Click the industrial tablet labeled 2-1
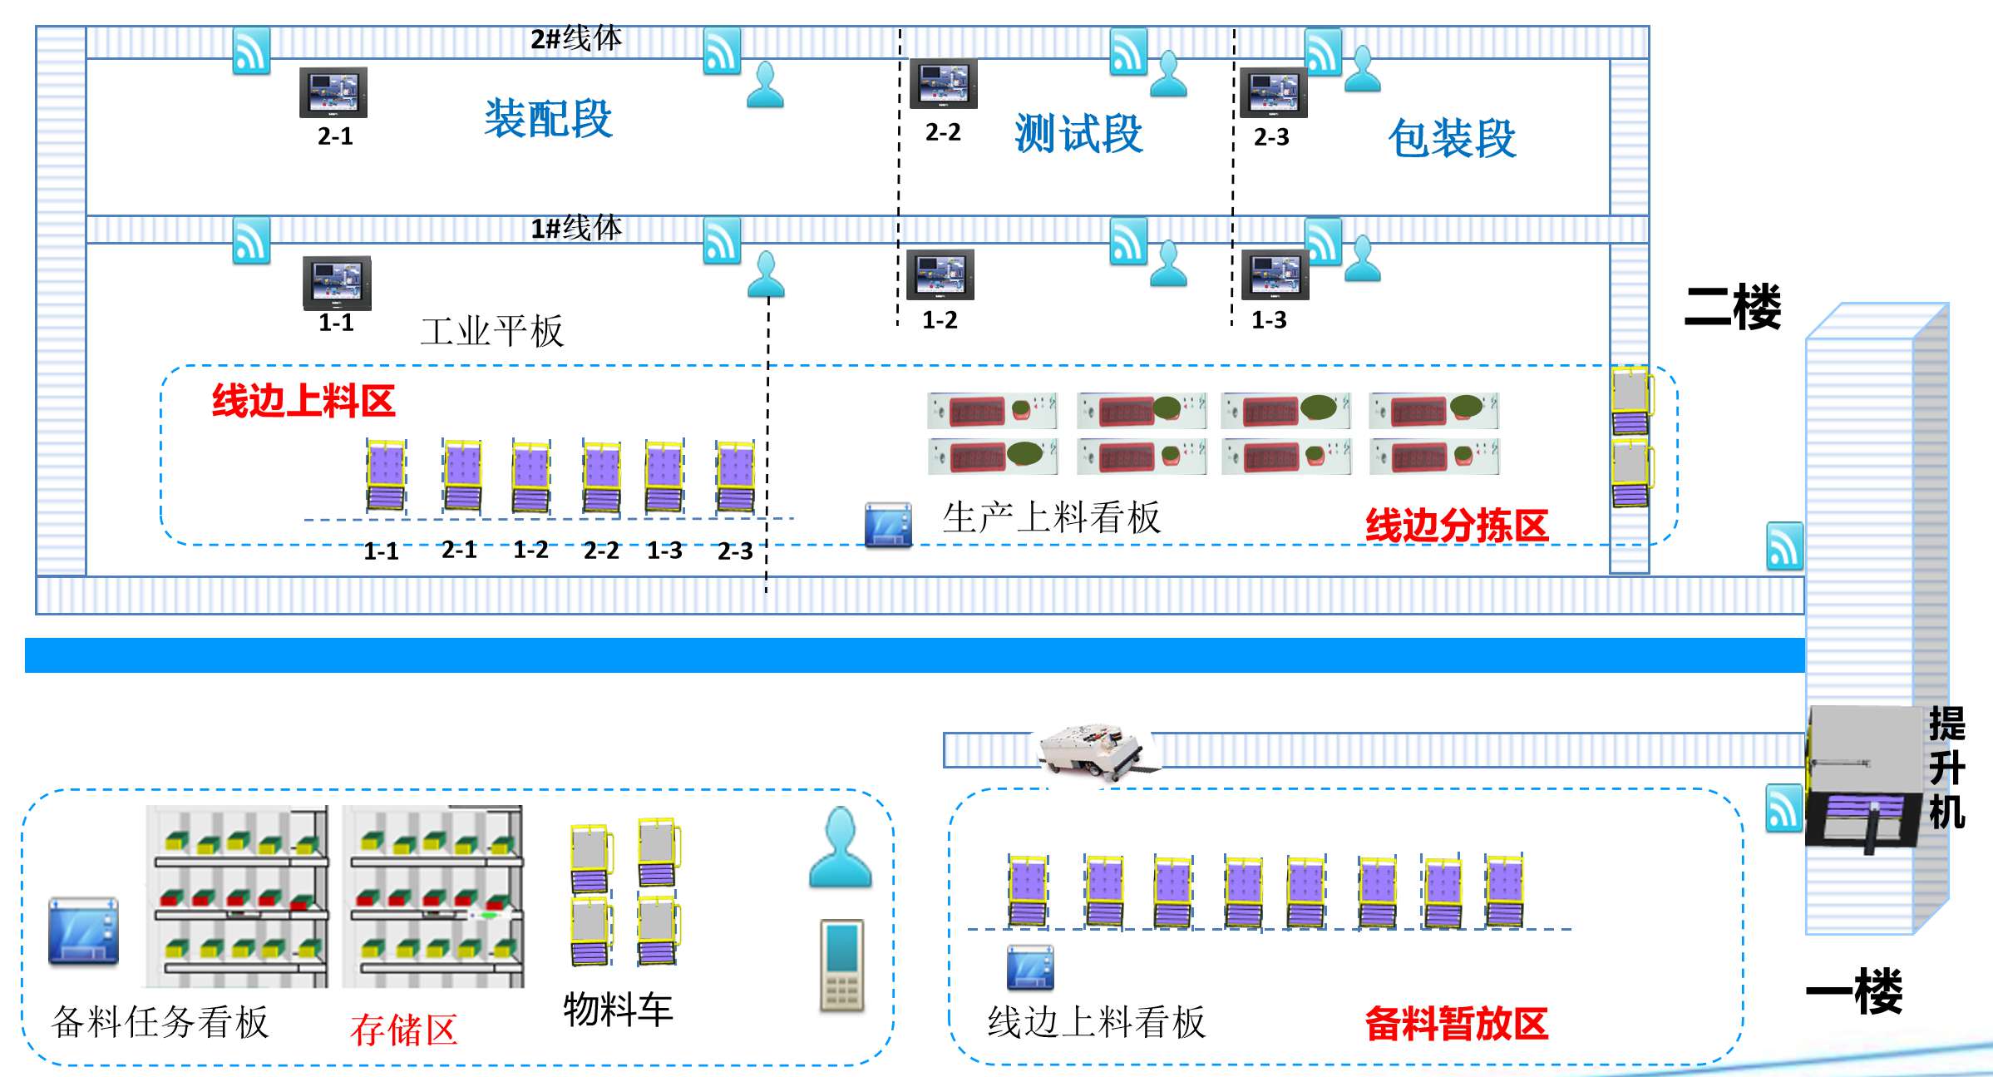click(x=333, y=92)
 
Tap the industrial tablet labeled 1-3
click(x=1275, y=274)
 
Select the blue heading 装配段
click(x=549, y=119)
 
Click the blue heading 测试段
click(x=1078, y=134)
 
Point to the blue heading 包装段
click(x=1452, y=138)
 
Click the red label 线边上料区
click(x=303, y=401)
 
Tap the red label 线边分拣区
click(x=1457, y=526)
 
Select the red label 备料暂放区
click(x=1456, y=1024)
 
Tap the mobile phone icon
click(x=841, y=965)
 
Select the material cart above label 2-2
click(x=601, y=477)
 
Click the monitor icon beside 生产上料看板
click(x=888, y=525)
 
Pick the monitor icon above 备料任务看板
click(x=83, y=931)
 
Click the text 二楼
click(x=1733, y=307)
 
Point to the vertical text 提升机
click(x=1946, y=767)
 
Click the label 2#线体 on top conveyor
click(x=575, y=38)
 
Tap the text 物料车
click(x=618, y=1010)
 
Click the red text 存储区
click(x=404, y=1030)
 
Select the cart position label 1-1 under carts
click(x=381, y=551)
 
